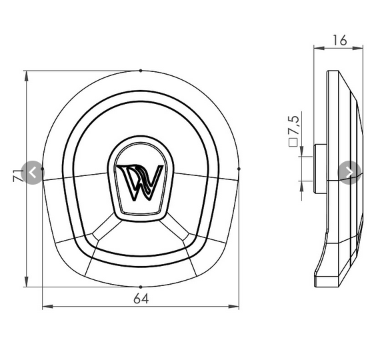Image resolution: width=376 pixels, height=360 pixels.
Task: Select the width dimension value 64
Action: [x=140, y=298]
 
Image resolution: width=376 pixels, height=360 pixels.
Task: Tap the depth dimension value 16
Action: [x=339, y=40]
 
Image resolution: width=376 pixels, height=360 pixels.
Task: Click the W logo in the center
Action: [x=141, y=180]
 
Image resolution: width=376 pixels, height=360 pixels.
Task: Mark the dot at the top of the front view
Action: [x=140, y=70]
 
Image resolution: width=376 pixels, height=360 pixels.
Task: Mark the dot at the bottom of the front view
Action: [x=140, y=287]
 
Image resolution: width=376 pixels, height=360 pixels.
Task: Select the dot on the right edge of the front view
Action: [x=239, y=169]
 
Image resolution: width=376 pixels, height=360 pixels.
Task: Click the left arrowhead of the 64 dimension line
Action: [x=45, y=307]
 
